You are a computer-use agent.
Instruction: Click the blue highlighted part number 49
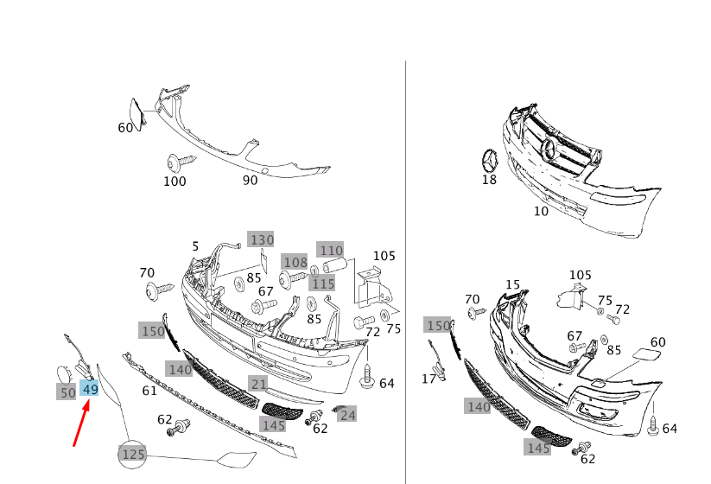click(90, 390)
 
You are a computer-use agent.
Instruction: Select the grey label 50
click(67, 392)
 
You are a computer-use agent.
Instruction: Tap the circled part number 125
click(133, 454)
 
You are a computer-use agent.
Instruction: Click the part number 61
click(149, 391)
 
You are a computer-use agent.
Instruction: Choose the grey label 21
click(258, 384)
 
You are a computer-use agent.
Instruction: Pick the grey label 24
click(347, 415)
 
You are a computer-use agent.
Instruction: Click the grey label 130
click(261, 239)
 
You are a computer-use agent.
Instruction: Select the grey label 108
click(295, 262)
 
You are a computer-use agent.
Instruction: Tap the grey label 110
click(330, 250)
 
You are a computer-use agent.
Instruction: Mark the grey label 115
click(323, 283)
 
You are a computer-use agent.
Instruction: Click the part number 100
click(175, 181)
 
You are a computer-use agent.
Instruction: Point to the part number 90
click(250, 180)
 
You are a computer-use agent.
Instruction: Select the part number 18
click(489, 180)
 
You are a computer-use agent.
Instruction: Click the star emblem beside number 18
click(490, 161)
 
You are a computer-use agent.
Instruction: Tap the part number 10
click(541, 211)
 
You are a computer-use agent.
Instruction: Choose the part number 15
click(513, 284)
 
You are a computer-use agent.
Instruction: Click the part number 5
click(195, 246)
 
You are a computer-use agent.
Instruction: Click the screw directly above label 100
click(180, 161)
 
